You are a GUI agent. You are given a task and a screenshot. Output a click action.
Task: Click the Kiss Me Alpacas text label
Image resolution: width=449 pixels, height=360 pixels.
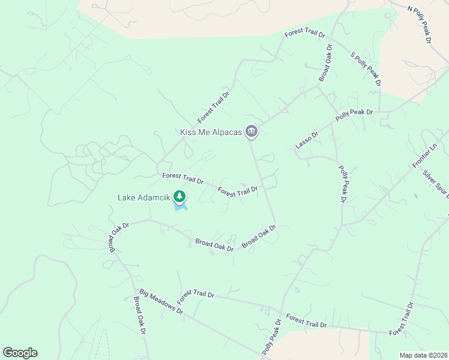[x=211, y=132]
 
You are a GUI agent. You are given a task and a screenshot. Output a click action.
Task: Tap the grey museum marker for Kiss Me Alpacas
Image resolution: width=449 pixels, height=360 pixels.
[x=252, y=131]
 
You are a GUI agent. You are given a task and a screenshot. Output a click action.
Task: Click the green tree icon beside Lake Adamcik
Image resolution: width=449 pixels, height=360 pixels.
[x=179, y=196]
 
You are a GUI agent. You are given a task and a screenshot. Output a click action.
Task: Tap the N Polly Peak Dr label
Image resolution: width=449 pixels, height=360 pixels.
[x=420, y=25]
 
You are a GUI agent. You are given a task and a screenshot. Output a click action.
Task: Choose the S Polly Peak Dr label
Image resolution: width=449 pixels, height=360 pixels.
[x=366, y=70]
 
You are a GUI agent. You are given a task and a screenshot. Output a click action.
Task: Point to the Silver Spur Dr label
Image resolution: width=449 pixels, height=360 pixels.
[x=435, y=186]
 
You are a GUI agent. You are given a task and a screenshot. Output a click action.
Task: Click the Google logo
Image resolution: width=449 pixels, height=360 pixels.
[x=20, y=353]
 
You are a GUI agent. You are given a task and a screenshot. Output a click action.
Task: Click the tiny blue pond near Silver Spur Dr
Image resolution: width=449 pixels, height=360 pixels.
[x=415, y=196]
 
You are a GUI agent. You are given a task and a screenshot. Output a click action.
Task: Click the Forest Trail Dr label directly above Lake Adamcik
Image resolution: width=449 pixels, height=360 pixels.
[x=183, y=179]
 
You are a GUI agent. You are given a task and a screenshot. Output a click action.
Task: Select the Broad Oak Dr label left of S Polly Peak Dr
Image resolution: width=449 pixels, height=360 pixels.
[x=325, y=63]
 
